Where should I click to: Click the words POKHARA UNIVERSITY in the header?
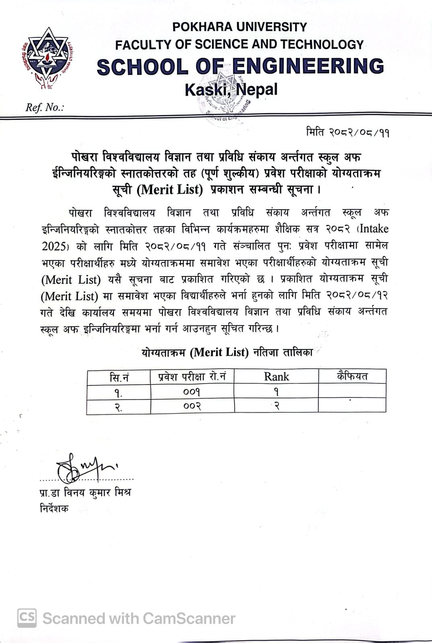(x=239, y=27)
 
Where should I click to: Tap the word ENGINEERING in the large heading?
(x=308, y=66)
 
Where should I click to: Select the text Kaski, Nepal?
(x=231, y=89)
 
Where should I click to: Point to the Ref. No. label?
(x=45, y=107)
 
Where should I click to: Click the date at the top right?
(x=348, y=132)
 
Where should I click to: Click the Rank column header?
(x=276, y=377)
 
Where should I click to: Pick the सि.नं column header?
(x=119, y=377)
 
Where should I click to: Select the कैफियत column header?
(x=352, y=376)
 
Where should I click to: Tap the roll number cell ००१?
(x=192, y=391)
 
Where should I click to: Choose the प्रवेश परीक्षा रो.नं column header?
(x=192, y=377)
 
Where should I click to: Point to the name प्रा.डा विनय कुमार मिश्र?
(x=85, y=492)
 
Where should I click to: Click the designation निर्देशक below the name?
(x=54, y=508)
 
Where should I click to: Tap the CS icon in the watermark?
(x=27, y=618)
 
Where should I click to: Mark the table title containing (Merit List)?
(x=227, y=352)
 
